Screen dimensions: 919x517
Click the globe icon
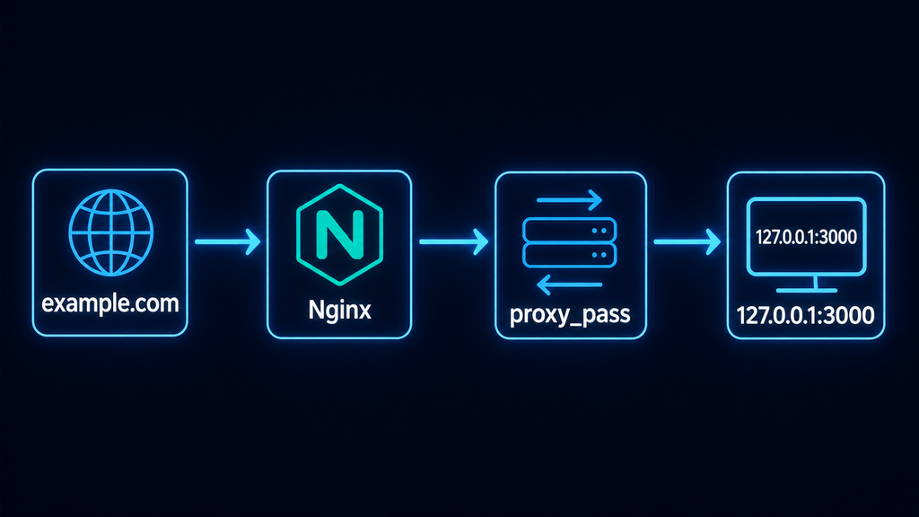[x=110, y=232]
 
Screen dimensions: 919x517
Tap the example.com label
[x=110, y=303]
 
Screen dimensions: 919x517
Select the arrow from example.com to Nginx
[x=227, y=241]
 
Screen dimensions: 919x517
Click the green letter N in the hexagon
[x=340, y=234]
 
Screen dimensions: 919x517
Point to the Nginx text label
[x=340, y=310]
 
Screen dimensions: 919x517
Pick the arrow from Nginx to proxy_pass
[x=453, y=241]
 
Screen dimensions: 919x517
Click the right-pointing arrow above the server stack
[x=569, y=200]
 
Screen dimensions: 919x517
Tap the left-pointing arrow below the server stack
[x=569, y=285]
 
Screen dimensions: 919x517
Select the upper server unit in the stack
[x=569, y=230]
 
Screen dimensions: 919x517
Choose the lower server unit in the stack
[x=569, y=256]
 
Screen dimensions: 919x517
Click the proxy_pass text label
[x=570, y=315]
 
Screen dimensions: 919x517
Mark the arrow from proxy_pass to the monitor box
[x=687, y=241]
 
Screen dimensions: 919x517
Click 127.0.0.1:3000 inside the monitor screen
[x=807, y=237]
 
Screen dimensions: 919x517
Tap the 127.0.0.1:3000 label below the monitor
[x=805, y=315]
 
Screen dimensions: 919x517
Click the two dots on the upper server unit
[x=599, y=231]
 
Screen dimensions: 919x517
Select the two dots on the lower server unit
[x=599, y=255]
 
